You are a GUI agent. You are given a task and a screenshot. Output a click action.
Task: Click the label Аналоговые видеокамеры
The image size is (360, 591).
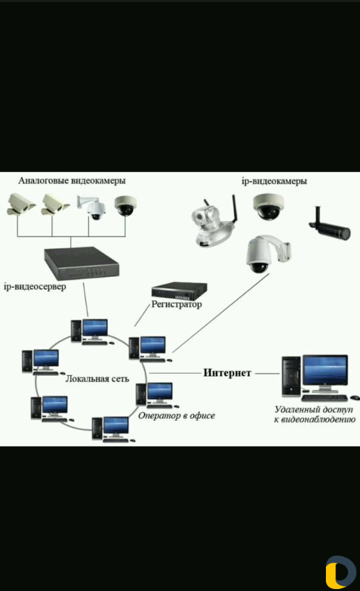click(x=72, y=181)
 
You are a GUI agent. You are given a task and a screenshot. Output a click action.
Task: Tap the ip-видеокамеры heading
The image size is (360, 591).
click(x=274, y=181)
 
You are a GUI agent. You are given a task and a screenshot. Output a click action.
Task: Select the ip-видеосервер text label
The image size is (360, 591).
click(x=35, y=287)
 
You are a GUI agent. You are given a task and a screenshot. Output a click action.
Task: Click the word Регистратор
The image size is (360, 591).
click(x=177, y=304)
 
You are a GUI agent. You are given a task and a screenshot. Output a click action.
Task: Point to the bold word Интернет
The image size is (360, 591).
click(x=227, y=373)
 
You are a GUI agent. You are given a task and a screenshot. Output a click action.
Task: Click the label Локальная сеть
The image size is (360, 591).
click(x=97, y=379)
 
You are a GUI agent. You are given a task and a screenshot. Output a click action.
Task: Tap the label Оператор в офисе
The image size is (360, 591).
click(x=176, y=416)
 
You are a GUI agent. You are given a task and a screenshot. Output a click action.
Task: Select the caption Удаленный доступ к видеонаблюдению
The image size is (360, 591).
click(x=314, y=414)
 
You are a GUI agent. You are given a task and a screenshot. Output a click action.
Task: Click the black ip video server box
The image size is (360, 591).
click(x=82, y=263)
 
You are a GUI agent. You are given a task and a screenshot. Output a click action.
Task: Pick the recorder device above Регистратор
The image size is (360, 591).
click(x=179, y=290)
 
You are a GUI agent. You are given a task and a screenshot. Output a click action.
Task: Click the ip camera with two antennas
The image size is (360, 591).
click(x=214, y=222)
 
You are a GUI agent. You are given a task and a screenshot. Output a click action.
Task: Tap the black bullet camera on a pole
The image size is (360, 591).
click(x=329, y=224)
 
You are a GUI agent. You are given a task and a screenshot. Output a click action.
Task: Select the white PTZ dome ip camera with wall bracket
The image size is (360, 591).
click(x=267, y=254)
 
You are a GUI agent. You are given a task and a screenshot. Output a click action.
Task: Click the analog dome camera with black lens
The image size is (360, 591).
click(x=125, y=206)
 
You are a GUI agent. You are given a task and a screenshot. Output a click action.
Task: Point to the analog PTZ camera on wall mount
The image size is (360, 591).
click(x=92, y=207)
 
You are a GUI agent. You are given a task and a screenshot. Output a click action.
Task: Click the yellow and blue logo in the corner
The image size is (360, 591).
click(x=340, y=572)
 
